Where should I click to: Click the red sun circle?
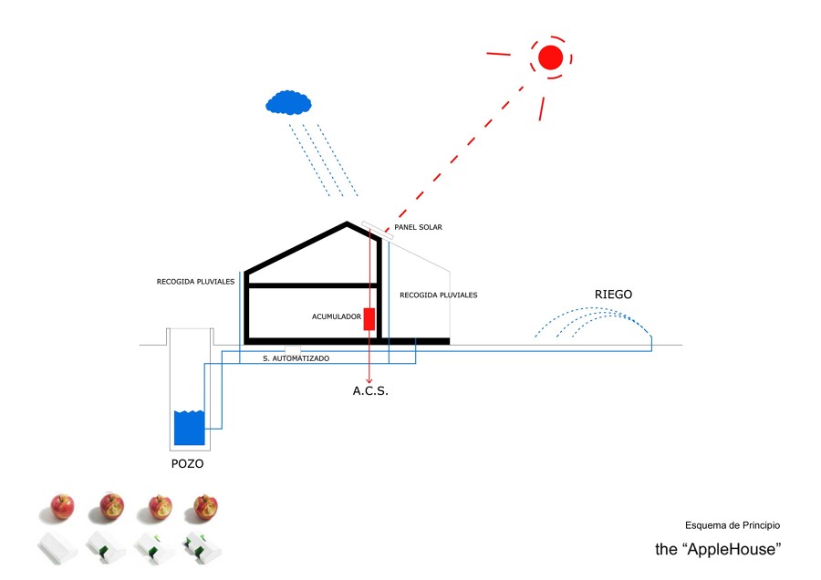click(550, 57)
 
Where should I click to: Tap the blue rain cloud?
click(287, 101)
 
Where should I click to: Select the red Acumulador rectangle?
click(369, 318)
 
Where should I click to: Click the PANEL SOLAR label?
click(418, 227)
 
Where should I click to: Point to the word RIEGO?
click(613, 295)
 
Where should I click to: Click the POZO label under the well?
click(187, 463)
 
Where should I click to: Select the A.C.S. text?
click(370, 391)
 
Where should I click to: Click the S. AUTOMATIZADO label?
click(296, 358)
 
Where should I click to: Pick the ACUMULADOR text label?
click(336, 317)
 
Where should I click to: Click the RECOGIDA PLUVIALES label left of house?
click(195, 282)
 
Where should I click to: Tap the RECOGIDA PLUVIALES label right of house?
click(438, 295)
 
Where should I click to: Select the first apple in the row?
click(62, 506)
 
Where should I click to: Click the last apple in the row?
click(205, 506)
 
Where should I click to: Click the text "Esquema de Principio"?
click(733, 525)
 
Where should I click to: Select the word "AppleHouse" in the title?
click(733, 550)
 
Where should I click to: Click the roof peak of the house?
click(346, 223)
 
